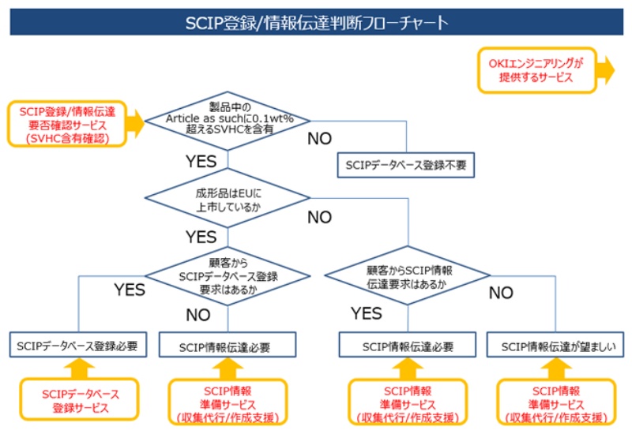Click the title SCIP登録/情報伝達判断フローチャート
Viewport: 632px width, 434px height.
click(316, 23)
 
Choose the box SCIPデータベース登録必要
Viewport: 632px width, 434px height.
click(80, 345)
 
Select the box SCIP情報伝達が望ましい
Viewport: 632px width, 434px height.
click(558, 346)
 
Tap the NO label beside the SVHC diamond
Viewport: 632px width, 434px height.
click(319, 140)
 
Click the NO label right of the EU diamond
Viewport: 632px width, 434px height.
click(319, 217)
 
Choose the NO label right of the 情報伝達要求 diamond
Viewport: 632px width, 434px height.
click(500, 293)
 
